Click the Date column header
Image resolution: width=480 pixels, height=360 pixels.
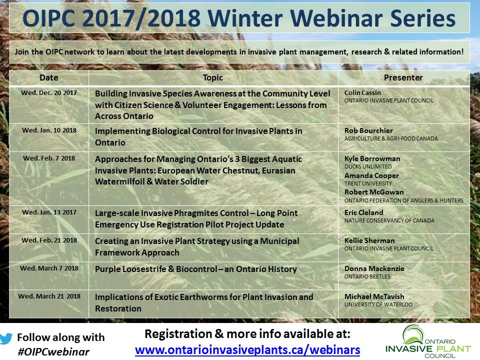pyautogui.click(x=48, y=78)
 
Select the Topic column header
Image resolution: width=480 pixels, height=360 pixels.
pyautogui.click(x=213, y=78)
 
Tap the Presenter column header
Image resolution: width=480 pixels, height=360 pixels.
pyautogui.click(x=403, y=78)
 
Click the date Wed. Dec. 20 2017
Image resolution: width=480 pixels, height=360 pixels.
pyautogui.click(x=49, y=93)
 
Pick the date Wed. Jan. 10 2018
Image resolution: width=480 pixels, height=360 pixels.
pyautogui.click(x=49, y=130)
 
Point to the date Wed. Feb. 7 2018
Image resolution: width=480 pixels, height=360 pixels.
pyautogui.click(x=49, y=158)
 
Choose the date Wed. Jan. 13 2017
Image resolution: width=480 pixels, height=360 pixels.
pyautogui.click(x=49, y=212)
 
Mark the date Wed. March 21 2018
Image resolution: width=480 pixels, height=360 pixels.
pyautogui.click(x=49, y=296)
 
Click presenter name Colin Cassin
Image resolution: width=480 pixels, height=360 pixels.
pyautogui.click(x=362, y=93)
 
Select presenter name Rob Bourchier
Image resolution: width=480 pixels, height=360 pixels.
pyautogui.click(x=368, y=130)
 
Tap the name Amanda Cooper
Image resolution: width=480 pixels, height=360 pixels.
pyautogui.click(x=371, y=175)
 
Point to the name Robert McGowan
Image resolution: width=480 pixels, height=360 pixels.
pyautogui.click(x=374, y=192)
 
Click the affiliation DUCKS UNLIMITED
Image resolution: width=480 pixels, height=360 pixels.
pyautogui.click(x=368, y=167)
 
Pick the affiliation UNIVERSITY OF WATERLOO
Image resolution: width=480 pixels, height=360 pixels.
pyautogui.click(x=378, y=304)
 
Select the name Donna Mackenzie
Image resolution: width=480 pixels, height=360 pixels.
pyautogui.click(x=374, y=269)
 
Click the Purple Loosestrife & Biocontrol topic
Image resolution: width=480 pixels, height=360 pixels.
pyautogui.click(x=196, y=269)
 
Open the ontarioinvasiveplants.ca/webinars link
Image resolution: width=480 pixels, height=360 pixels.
pyautogui.click(x=247, y=350)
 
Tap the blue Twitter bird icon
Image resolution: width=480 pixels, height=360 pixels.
pyautogui.click(x=6, y=338)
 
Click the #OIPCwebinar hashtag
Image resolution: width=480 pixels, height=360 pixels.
pyautogui.click(x=53, y=351)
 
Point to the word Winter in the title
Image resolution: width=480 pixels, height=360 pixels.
pyautogui.click(x=246, y=18)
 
